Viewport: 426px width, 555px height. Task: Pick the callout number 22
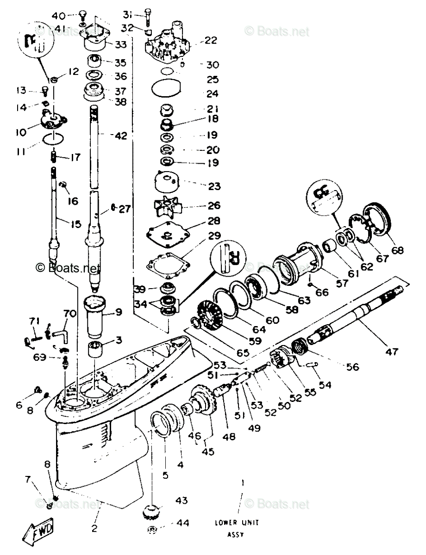pos(210,41)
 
